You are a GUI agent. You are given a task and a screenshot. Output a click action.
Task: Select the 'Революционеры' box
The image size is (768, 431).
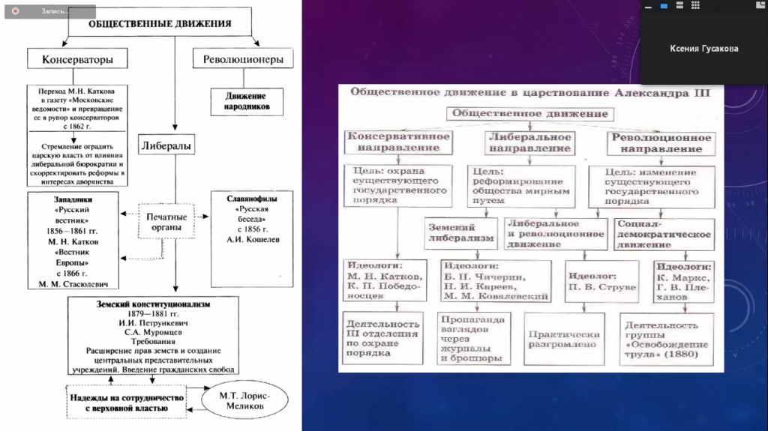point(243,58)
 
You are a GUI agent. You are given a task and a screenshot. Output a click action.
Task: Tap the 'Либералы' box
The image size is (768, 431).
point(166,144)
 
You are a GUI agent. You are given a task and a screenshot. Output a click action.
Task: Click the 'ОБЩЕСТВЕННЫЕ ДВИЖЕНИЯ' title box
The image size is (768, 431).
point(160,24)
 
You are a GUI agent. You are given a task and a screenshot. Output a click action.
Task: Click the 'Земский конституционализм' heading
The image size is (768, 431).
point(152,305)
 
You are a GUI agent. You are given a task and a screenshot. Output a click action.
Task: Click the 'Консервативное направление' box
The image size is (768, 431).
point(398,142)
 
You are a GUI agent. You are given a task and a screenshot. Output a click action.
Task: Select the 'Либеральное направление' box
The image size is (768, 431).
point(529,142)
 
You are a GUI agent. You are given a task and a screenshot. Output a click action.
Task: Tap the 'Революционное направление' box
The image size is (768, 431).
point(661,142)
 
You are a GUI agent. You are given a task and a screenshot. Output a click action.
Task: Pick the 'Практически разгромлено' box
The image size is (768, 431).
point(562,338)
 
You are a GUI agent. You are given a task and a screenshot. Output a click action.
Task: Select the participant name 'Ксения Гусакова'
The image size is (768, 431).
point(703,49)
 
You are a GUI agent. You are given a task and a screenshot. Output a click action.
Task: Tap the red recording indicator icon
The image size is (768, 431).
point(15,10)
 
